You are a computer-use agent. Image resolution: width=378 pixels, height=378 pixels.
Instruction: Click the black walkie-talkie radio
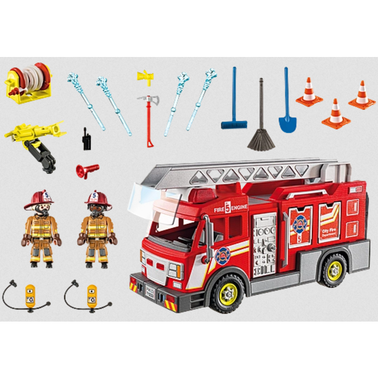pyautogui.click(x=87, y=141)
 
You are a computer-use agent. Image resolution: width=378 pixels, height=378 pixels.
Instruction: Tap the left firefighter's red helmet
pyautogui.click(x=39, y=199)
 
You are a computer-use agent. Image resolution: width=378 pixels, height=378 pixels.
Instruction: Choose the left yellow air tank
pyautogui.click(x=30, y=294)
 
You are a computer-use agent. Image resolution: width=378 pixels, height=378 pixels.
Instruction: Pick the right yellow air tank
pyautogui.click(x=91, y=294)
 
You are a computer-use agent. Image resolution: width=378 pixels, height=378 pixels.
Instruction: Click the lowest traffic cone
pyautogui.click(x=336, y=114)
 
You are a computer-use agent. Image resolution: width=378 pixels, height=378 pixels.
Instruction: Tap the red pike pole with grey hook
pyautogui.click(x=149, y=119)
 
